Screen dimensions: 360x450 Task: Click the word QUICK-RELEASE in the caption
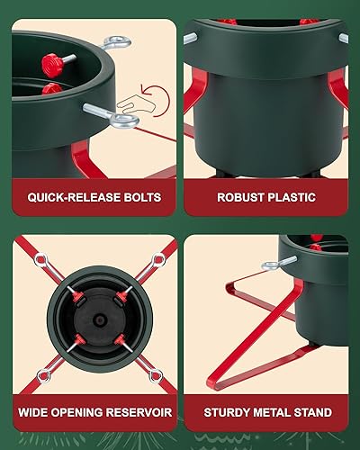pos(69,197)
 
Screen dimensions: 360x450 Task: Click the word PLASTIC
pos(292,197)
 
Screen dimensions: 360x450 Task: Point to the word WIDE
pos(32,412)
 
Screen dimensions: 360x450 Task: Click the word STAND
pos(313,412)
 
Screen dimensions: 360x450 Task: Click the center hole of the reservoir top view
pos(99,320)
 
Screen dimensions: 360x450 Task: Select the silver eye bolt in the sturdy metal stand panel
pos(278,263)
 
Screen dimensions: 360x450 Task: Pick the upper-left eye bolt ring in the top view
pos(40,260)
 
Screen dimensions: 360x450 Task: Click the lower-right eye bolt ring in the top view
pos(156,376)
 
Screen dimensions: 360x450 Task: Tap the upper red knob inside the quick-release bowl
pos(52,65)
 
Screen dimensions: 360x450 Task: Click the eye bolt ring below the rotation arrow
pos(124,121)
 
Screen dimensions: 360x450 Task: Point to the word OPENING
pos(76,412)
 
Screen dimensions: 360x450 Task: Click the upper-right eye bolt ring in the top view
pos(158,259)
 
